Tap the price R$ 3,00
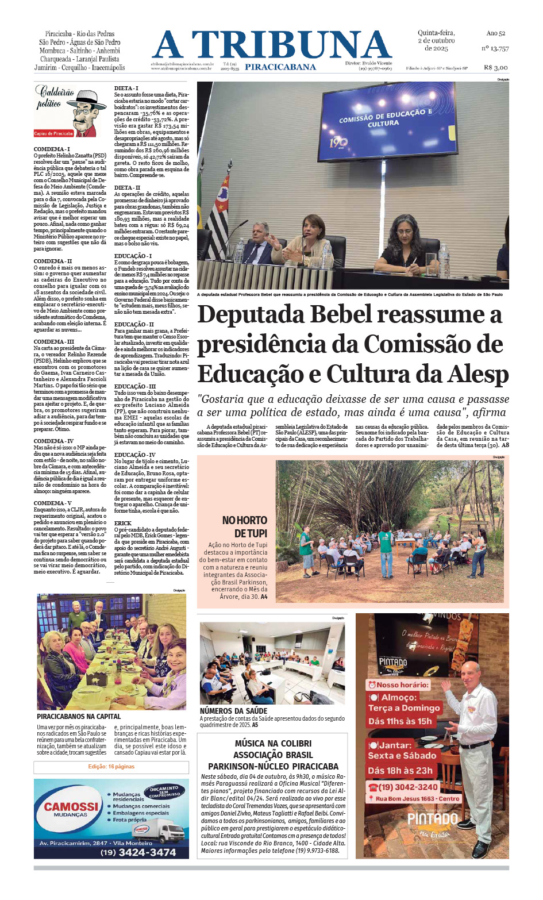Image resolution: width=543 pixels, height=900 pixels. point(495,67)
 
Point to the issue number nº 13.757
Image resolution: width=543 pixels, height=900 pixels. point(495,49)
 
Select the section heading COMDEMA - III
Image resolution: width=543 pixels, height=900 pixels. point(49,341)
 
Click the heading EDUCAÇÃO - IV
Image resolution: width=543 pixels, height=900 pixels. point(134,455)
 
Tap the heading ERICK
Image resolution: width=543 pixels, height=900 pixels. point(122,523)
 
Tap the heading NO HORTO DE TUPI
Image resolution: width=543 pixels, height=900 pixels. point(245,526)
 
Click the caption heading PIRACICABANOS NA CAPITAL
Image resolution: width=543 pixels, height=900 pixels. point(79,717)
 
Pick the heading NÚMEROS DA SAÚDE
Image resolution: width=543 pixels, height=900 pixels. point(233,711)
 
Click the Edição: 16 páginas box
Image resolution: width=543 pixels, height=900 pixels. point(111,767)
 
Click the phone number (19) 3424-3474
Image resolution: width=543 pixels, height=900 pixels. point(138,852)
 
